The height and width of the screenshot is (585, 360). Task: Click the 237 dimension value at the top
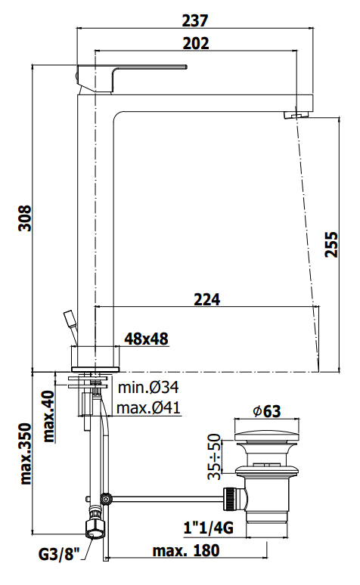click(195, 20)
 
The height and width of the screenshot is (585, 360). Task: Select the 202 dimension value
click(195, 44)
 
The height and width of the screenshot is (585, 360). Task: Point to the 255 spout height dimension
click(331, 243)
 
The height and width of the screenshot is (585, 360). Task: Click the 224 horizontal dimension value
click(206, 299)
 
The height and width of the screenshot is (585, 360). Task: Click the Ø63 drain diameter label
click(266, 412)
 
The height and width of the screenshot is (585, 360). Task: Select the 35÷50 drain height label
click(216, 456)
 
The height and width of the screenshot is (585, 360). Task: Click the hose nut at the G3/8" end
click(95, 528)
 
